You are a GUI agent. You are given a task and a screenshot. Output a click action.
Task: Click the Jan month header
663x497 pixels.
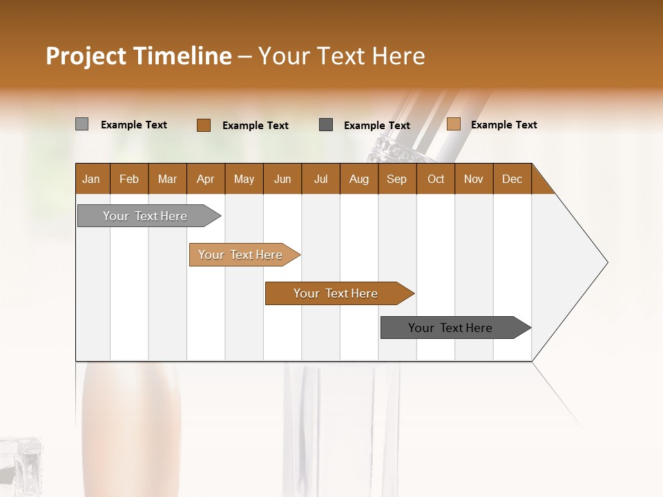click(91, 179)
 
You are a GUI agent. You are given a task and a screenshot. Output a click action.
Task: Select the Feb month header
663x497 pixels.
click(129, 179)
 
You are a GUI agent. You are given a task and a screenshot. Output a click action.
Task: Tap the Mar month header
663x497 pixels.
click(167, 179)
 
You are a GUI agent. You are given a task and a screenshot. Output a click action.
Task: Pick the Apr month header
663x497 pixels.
click(206, 179)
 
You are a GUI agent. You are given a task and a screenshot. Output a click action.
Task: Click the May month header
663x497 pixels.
click(244, 179)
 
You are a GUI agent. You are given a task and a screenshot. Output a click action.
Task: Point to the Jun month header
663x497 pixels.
click(282, 179)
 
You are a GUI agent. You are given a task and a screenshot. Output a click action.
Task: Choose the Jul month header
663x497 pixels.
click(320, 179)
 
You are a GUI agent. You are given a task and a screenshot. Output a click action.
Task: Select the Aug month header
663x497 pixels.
click(359, 179)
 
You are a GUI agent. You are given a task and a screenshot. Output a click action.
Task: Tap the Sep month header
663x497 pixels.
click(397, 179)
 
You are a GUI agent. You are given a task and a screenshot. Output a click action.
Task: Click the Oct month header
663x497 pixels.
click(436, 179)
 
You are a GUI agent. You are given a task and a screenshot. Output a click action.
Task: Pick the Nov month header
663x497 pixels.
click(474, 179)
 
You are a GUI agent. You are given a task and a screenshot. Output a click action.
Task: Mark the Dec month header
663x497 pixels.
click(512, 179)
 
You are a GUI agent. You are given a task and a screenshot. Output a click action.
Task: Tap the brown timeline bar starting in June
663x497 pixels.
click(336, 293)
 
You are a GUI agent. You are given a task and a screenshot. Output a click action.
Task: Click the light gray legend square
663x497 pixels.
click(81, 124)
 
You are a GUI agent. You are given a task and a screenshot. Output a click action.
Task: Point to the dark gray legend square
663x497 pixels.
click(326, 124)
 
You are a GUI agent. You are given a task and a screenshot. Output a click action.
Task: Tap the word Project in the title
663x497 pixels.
click(86, 56)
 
